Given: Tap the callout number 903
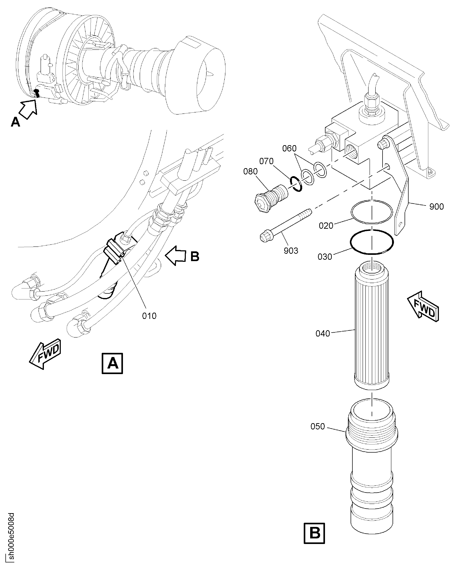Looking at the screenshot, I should pyautogui.click(x=291, y=250).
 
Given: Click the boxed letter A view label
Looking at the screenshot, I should pyautogui.click(x=112, y=363).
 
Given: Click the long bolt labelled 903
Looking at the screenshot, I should pyautogui.click(x=285, y=224).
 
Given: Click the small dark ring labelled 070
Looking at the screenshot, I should pyautogui.click(x=296, y=184).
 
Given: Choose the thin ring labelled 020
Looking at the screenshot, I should pyautogui.click(x=371, y=212).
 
